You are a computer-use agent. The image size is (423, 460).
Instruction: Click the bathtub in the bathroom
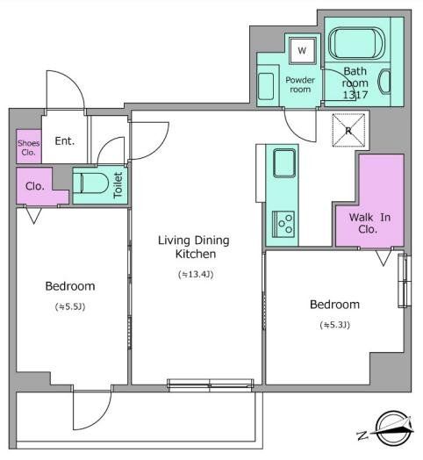(x=356, y=44)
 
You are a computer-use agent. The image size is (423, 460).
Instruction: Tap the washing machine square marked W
(x=302, y=50)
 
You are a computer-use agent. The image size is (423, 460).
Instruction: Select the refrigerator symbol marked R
(x=348, y=130)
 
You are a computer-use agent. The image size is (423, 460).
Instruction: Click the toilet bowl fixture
(x=90, y=183)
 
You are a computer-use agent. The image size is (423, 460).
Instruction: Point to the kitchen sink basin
(x=284, y=163)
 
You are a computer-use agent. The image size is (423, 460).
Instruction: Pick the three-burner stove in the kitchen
(x=283, y=225)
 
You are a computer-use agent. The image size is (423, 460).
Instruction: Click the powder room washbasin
(x=266, y=87)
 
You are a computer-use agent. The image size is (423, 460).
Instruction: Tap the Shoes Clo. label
(x=28, y=147)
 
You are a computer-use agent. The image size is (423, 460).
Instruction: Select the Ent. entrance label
(x=65, y=141)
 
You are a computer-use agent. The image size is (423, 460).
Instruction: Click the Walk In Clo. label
(x=369, y=223)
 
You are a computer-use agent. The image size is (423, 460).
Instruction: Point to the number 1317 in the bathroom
(x=355, y=95)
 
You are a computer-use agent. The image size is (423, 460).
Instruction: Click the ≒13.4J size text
(x=196, y=274)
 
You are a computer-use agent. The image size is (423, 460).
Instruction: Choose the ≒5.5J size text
(x=70, y=307)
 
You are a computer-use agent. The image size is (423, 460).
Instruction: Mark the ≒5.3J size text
(x=335, y=325)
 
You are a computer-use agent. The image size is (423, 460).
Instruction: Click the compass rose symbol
(x=393, y=428)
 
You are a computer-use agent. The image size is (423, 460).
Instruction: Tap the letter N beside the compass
(x=362, y=435)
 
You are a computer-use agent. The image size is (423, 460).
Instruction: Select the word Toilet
(x=118, y=185)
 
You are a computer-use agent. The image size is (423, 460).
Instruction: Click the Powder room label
(x=300, y=84)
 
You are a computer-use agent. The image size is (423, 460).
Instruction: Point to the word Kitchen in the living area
(x=196, y=254)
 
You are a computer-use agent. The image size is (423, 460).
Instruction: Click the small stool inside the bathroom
(x=384, y=82)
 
